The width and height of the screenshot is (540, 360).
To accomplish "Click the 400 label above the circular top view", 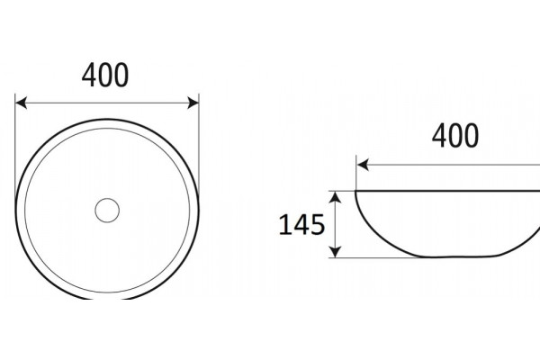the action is pos(105,75).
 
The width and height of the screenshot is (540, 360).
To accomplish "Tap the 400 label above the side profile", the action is pos(454,136).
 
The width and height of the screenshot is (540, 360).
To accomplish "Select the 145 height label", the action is pos(301,225).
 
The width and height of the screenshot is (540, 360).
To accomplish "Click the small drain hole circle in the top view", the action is pos(107,210).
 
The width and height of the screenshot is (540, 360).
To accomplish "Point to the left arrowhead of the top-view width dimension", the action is pos(21,103).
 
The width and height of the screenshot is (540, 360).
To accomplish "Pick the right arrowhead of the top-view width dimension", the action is pos(193,103).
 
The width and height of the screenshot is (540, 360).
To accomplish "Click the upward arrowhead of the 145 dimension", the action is pos(336,197).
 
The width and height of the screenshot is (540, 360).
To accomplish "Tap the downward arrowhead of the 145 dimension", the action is pos(336,252).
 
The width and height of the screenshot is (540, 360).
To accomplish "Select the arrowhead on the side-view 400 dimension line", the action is pos(363,165).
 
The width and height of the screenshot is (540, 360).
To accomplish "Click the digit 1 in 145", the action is pos(284,225).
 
